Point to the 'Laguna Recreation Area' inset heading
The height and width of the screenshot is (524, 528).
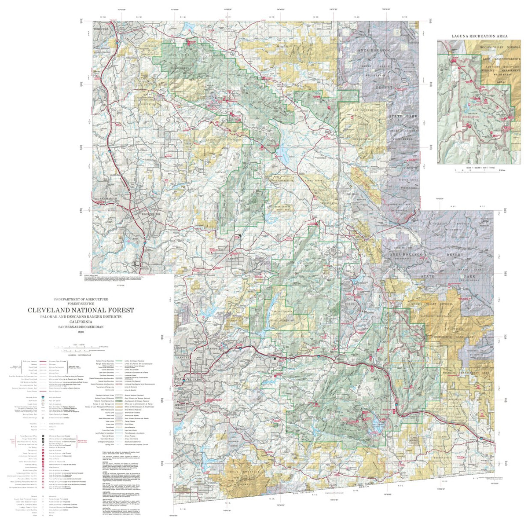(x=479, y=36)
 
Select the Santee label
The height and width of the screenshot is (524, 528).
(x=182, y=359)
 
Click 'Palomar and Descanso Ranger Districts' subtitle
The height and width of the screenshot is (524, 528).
(x=81, y=317)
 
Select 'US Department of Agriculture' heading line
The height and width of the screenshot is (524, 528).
(x=81, y=299)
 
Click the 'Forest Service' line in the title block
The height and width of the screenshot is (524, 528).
(x=81, y=304)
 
